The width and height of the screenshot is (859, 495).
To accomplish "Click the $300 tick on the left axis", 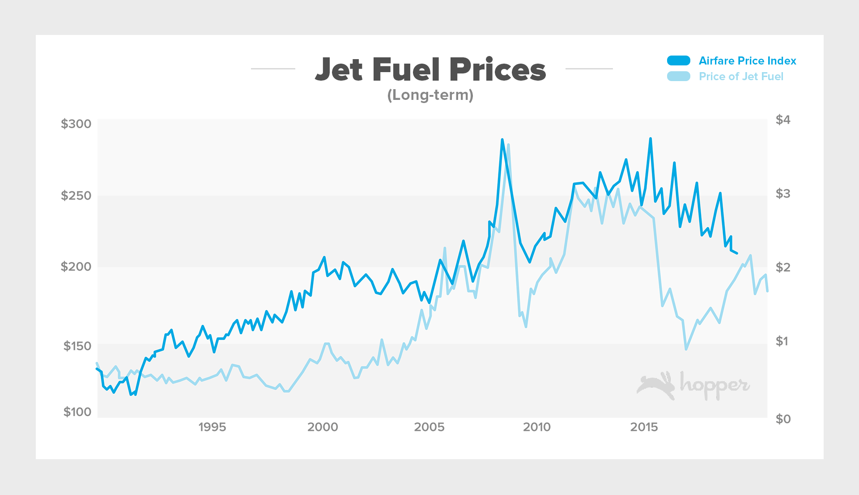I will (x=76, y=124).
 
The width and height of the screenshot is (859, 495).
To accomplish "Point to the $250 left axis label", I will (x=76, y=196).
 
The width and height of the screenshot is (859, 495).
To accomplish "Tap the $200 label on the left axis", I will (x=76, y=267).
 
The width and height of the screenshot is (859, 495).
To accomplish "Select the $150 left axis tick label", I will (x=77, y=346).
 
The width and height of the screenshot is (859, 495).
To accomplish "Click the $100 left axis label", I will (x=77, y=412).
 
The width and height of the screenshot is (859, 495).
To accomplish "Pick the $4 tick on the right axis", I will (x=783, y=120).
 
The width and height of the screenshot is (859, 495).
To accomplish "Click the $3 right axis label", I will (x=783, y=194).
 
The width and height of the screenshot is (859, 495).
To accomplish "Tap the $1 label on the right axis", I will (x=782, y=341).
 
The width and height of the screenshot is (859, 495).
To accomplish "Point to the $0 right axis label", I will (x=783, y=419).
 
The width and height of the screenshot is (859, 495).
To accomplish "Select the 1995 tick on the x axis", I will (x=212, y=427).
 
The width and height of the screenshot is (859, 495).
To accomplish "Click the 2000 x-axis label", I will (x=323, y=427).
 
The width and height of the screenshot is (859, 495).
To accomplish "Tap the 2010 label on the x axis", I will (x=537, y=427).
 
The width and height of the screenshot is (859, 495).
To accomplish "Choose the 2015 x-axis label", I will (x=644, y=427).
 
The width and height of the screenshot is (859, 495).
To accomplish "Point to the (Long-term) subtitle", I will (x=430, y=95).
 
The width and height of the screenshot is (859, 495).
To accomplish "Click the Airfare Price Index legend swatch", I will (x=678, y=61).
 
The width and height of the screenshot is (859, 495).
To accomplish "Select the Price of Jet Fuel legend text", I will (x=741, y=77).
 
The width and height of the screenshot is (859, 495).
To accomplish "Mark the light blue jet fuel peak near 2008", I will (x=509, y=145).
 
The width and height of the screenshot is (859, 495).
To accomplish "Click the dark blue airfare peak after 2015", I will (x=651, y=139).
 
